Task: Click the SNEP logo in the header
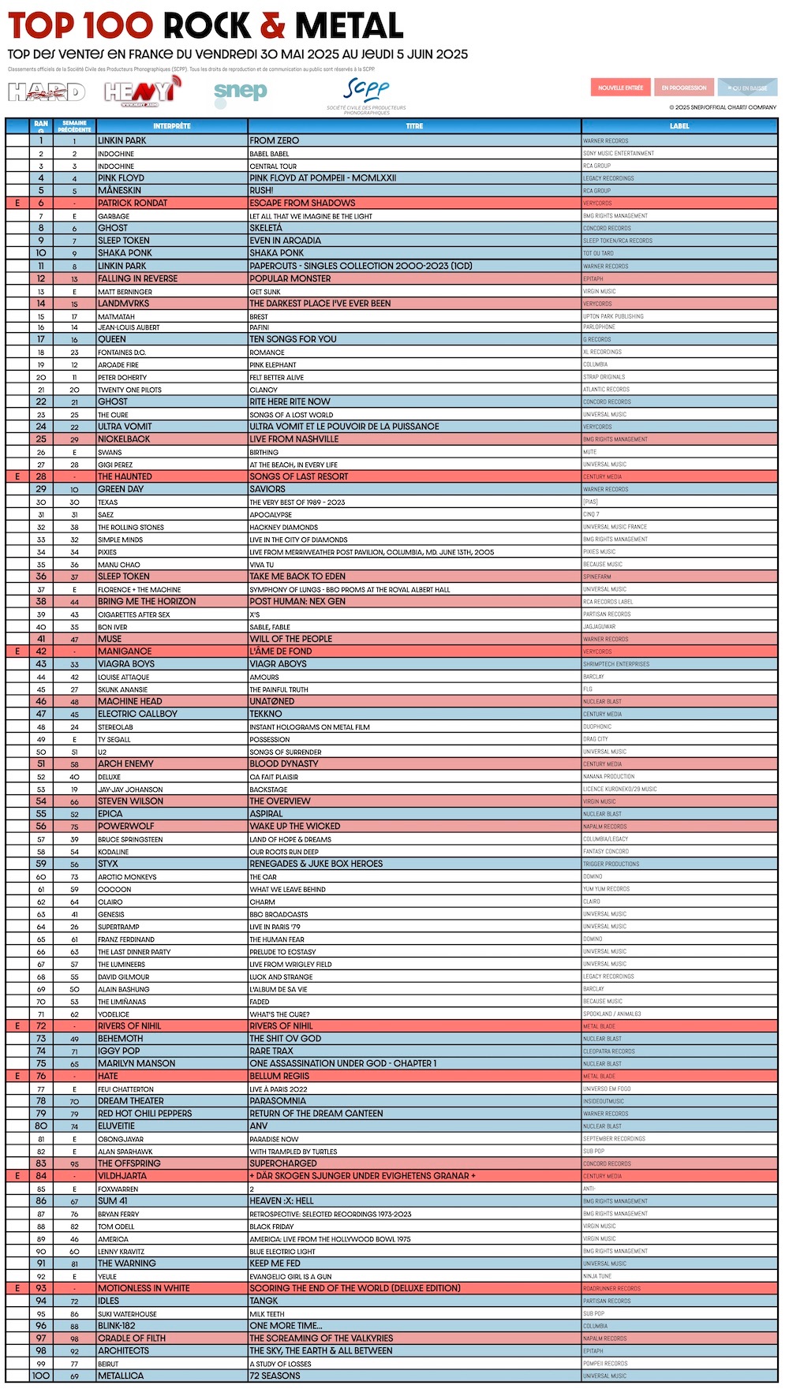click(x=241, y=92)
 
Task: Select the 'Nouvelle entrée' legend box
click(x=620, y=88)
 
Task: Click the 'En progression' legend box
click(x=684, y=88)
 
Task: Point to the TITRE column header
click(x=414, y=126)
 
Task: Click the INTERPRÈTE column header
click(x=171, y=126)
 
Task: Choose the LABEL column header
click(x=679, y=126)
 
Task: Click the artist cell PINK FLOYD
click(x=121, y=178)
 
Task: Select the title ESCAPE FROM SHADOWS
click(x=302, y=203)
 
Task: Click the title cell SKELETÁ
click(x=266, y=228)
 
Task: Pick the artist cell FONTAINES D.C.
click(x=122, y=353)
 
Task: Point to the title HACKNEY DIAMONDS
click(x=283, y=527)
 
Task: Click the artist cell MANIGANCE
click(x=125, y=652)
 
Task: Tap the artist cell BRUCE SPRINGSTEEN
click(x=130, y=839)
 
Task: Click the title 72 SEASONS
click(x=275, y=1376)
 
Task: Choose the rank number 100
click(x=41, y=1376)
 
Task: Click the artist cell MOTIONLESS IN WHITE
click(x=144, y=1288)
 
